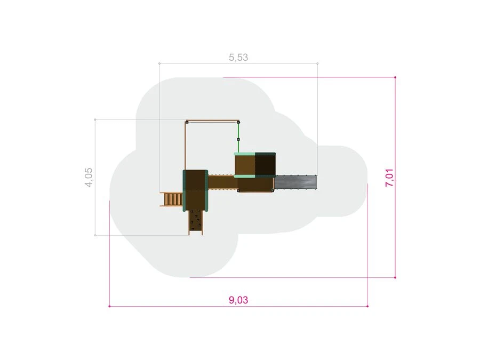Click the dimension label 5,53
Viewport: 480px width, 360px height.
click(238, 58)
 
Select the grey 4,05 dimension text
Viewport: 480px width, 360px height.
click(89, 177)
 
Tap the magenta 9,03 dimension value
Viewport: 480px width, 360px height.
click(238, 300)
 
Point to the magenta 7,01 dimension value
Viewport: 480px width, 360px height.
click(389, 178)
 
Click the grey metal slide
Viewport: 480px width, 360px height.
click(295, 182)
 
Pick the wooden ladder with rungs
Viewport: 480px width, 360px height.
click(171, 199)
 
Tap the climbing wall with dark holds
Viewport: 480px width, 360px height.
click(196, 222)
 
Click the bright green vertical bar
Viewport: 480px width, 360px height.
click(238, 138)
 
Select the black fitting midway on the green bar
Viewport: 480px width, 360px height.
click(238, 140)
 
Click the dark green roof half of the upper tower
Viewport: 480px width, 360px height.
click(265, 165)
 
